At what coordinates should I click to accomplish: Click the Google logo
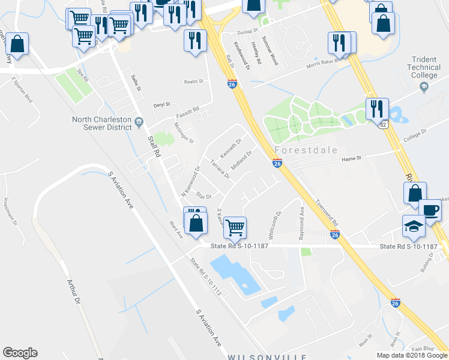(20, 353)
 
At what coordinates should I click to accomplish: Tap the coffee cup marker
(430, 211)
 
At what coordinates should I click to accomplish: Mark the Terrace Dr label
(220, 169)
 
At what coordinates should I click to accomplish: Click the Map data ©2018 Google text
(411, 355)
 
